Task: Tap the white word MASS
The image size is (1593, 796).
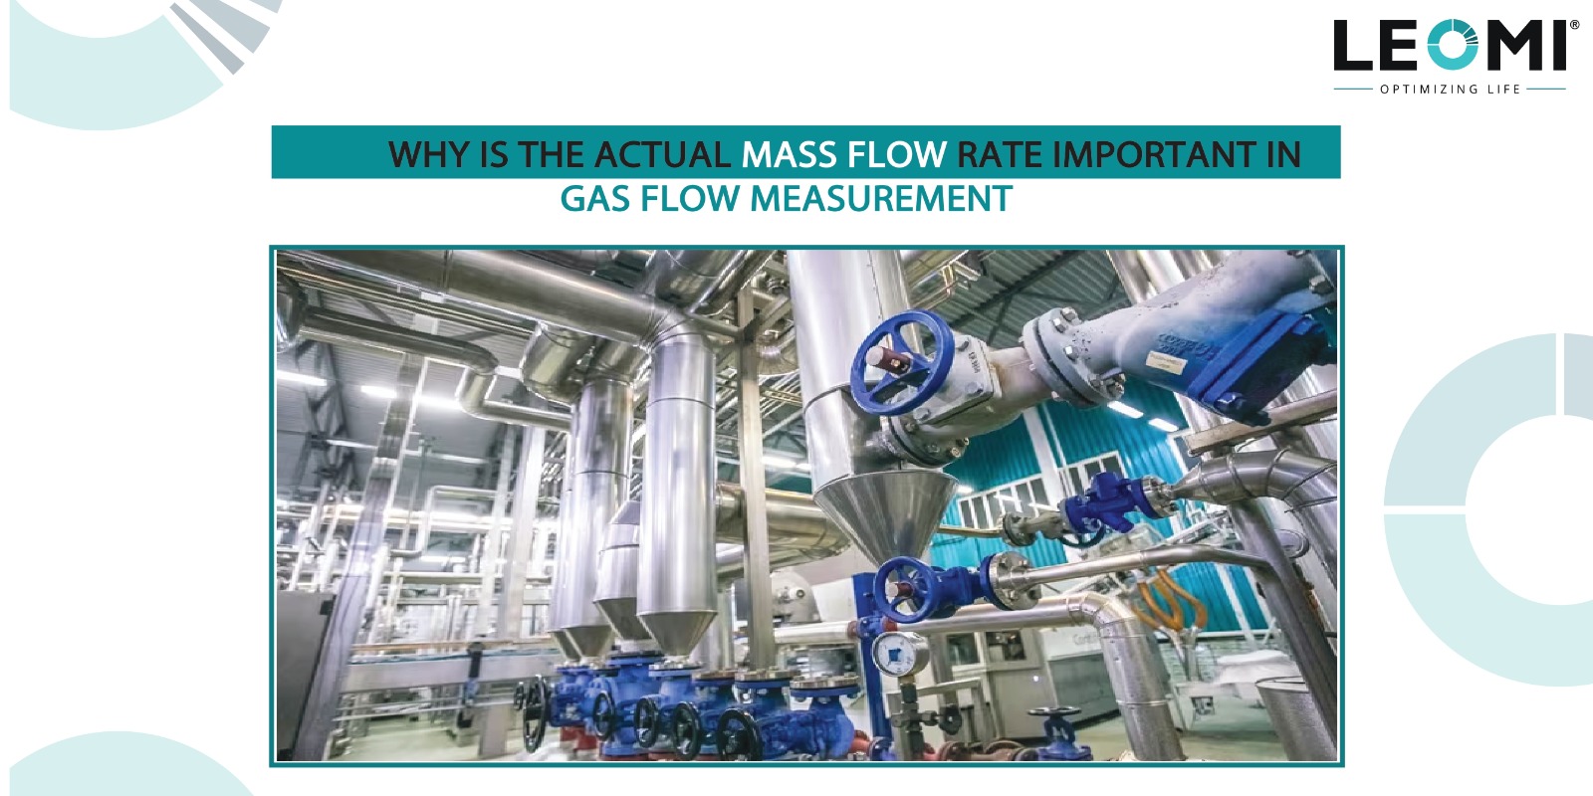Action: tap(790, 155)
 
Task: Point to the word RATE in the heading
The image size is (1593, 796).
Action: tap(1000, 155)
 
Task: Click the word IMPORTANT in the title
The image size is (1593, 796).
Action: tap(1154, 155)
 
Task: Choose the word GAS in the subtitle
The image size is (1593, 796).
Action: tap(595, 199)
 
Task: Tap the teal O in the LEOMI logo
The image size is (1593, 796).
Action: tap(1460, 46)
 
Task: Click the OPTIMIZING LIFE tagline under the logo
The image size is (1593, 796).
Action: tap(1450, 90)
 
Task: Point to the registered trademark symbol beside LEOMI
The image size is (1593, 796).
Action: tap(1574, 25)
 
